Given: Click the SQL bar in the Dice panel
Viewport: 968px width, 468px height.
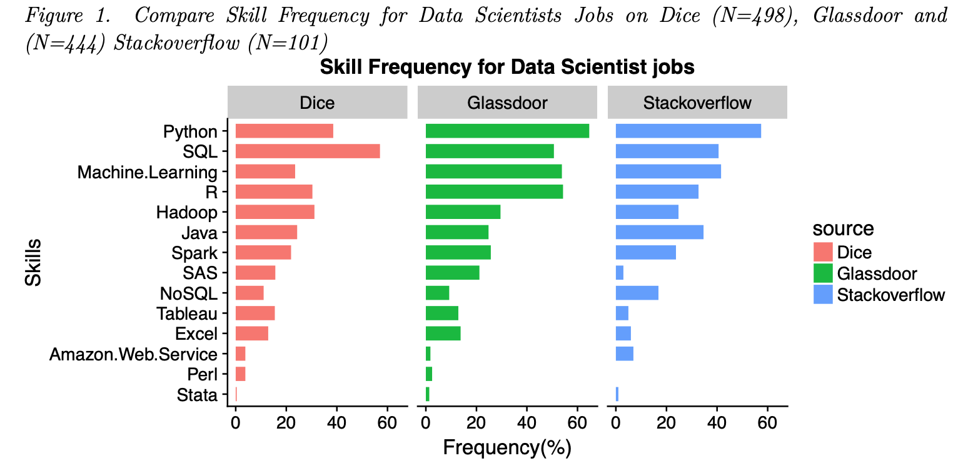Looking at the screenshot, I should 307,151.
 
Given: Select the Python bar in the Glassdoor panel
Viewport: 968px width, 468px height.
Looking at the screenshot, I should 507,131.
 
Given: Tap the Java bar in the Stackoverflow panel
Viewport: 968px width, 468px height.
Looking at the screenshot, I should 659,232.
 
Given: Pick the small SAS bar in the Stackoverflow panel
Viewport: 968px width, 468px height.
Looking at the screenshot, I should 619,273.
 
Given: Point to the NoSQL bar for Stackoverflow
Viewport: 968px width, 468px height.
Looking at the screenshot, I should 637,293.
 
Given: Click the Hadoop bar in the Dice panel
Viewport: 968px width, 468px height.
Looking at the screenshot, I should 275,212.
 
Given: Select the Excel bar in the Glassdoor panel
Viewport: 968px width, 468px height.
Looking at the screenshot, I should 443,333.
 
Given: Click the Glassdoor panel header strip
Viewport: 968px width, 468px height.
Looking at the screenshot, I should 507,103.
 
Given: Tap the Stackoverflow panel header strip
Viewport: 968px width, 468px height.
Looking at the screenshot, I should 697,103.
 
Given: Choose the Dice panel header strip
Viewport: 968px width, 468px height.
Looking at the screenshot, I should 317,103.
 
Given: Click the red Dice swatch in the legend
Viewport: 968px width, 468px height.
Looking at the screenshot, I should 822,252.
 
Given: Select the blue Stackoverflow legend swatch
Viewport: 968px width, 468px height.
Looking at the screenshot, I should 822,294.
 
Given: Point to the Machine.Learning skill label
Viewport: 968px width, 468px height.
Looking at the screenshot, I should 147,172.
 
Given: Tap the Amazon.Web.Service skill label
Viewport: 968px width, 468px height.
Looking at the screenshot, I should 133,355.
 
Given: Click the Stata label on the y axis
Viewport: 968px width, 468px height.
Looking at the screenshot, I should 197,395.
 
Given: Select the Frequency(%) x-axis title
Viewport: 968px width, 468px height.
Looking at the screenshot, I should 507,448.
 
